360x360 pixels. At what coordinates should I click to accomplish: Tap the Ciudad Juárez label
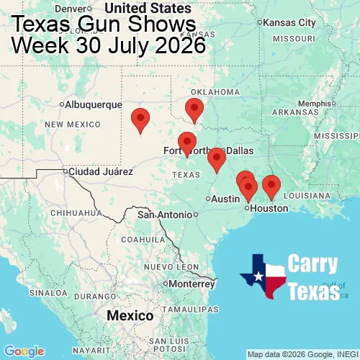[100, 172]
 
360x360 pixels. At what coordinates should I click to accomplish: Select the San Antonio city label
[166, 215]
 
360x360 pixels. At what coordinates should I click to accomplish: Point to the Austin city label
[225, 198]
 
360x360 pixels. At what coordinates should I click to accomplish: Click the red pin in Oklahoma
[194, 110]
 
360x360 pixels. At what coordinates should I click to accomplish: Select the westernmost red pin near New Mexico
[140, 120]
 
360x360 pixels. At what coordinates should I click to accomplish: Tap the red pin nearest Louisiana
[271, 186]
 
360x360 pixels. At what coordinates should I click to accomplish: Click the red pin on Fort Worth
[187, 144]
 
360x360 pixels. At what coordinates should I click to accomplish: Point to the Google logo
[24, 351]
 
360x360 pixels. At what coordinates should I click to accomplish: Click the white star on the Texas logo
[258, 274]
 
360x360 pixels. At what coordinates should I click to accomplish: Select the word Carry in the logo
[314, 264]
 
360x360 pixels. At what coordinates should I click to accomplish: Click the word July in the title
[130, 45]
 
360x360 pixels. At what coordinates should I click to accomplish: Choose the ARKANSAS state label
[295, 113]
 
